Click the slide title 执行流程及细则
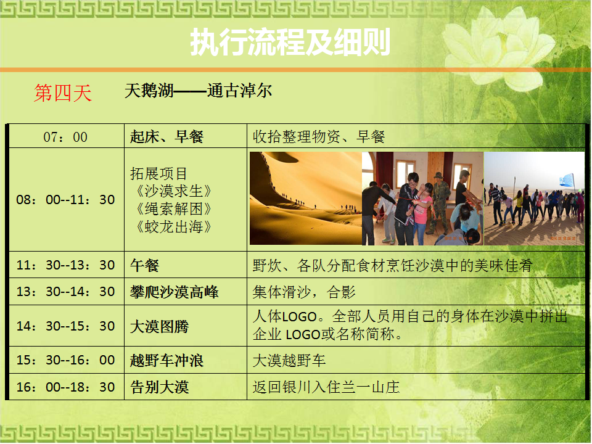[x=290, y=42]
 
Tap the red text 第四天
[x=63, y=93]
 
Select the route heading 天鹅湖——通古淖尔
[x=198, y=91]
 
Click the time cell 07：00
[x=65, y=137]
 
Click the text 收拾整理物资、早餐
[x=319, y=137]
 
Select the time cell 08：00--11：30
[x=65, y=199]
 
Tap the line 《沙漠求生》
[x=173, y=191]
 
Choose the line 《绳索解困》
[x=173, y=209]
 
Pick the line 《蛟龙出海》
[x=173, y=226]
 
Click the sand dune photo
[x=306, y=198]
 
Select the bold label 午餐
[x=144, y=265]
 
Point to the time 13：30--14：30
[x=65, y=292]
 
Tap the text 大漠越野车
[x=289, y=361]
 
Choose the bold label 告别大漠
[x=159, y=387]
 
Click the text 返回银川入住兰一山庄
[x=326, y=387]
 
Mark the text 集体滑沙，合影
[x=304, y=292]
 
